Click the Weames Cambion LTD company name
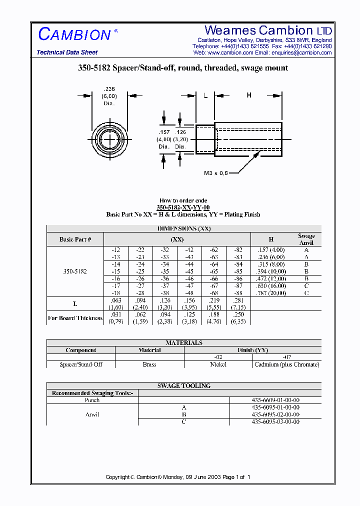[x=268, y=30]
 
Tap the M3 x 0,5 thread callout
[x=215, y=173]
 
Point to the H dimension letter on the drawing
[x=248, y=95]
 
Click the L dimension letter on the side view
[x=205, y=95]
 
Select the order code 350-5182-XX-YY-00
[x=183, y=207]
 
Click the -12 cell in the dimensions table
[x=115, y=249]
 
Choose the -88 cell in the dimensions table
[x=238, y=293]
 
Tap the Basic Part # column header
[x=75, y=239]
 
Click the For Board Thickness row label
[x=75, y=318]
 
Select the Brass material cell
[x=149, y=364]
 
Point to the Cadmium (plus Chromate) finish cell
[x=286, y=364]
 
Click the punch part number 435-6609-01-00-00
[x=275, y=400]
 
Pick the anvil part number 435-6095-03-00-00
[x=275, y=421]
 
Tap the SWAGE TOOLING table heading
[x=184, y=386]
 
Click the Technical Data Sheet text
[x=67, y=52]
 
